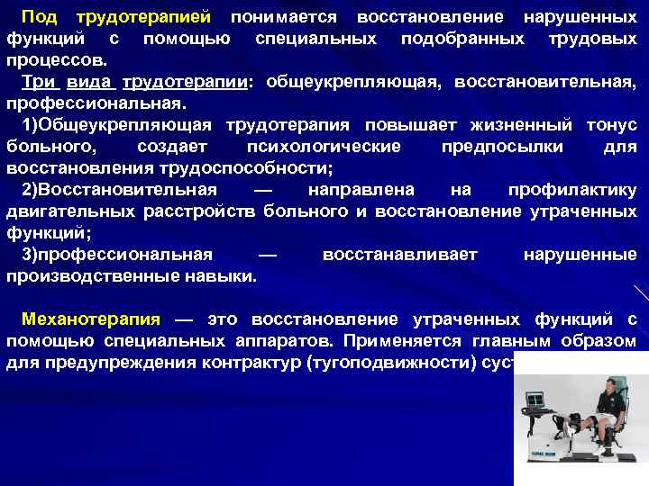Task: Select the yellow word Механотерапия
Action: pos(90,319)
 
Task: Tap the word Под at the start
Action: pos(39,18)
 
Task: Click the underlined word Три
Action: pos(40,82)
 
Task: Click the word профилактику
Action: pos(572,190)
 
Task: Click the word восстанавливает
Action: pos(399,255)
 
